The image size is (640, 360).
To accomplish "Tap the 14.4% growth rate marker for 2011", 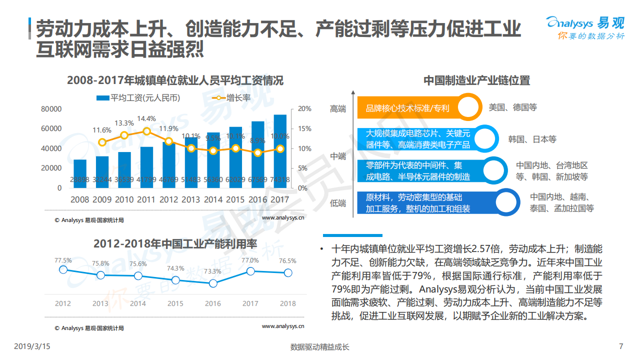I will pos(146,131).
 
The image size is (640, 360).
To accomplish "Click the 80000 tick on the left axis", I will pos(51,109).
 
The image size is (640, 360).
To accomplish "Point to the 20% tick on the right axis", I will pos(304,109).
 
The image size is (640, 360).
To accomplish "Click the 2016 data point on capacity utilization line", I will pos(213,283).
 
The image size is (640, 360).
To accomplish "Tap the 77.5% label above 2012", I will pos(63,260).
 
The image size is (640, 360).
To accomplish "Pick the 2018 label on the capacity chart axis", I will pos(287,303).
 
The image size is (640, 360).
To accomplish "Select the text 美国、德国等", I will pos(512,107).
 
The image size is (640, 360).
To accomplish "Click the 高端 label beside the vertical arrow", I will pos(338,108).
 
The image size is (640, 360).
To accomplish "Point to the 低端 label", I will pos(338,203).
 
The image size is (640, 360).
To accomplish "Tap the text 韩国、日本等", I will pos(532,139).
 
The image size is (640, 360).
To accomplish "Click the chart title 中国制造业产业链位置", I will pos(476,80).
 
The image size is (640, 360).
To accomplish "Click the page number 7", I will pos(621,346).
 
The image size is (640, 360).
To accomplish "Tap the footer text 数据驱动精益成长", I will pos(319,347).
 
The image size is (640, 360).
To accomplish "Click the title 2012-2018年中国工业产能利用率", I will pos(174,244).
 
